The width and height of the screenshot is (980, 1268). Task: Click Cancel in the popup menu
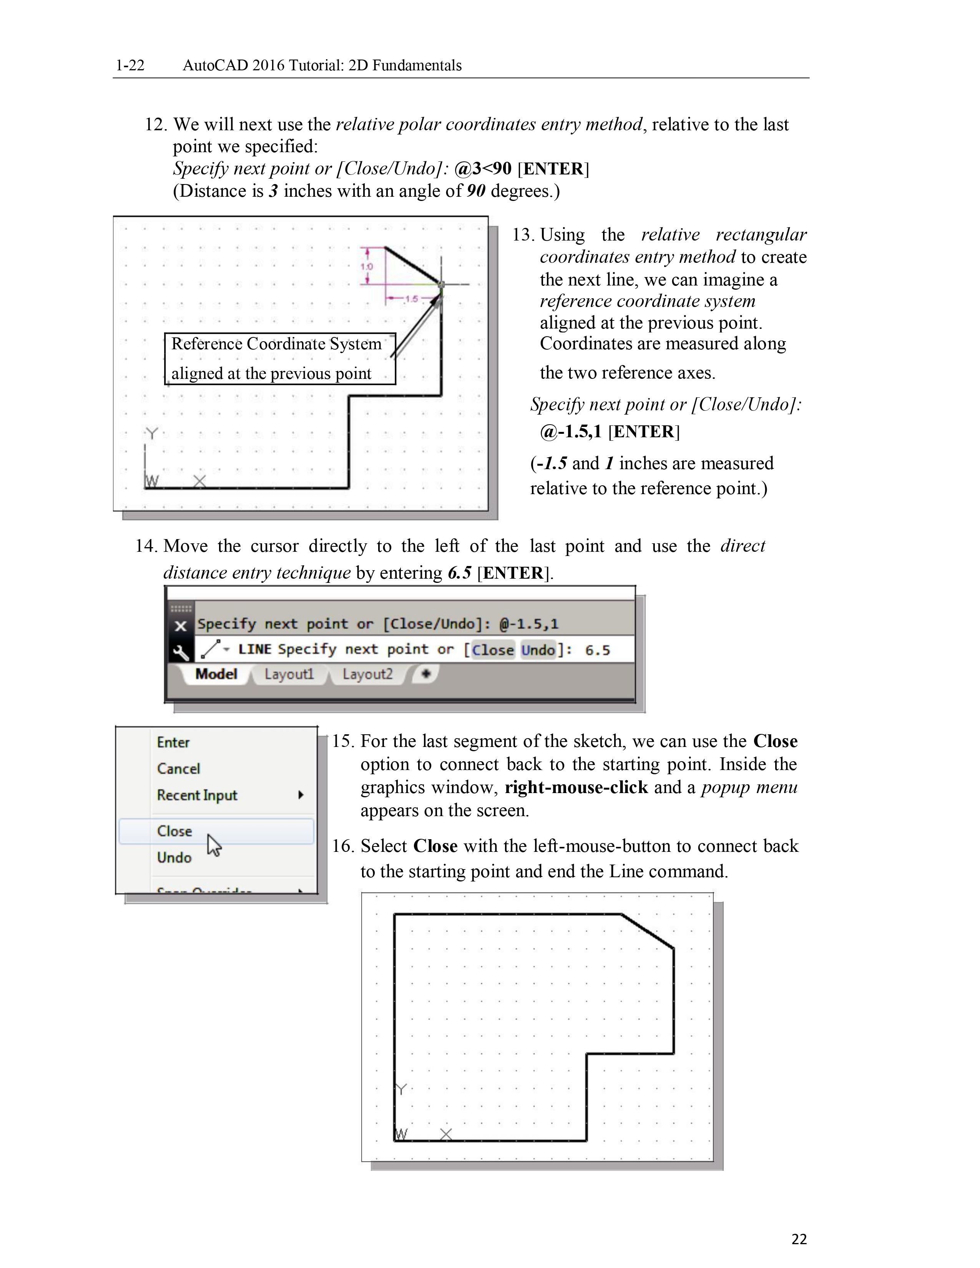[178, 769]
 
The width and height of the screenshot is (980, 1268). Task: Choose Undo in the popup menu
[174, 858]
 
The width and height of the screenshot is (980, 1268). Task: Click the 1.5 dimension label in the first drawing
[411, 299]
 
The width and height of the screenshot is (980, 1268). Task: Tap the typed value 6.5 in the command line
[597, 650]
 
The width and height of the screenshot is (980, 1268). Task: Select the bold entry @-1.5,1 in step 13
[571, 432]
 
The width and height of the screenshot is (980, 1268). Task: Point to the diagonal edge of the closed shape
[647, 931]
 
